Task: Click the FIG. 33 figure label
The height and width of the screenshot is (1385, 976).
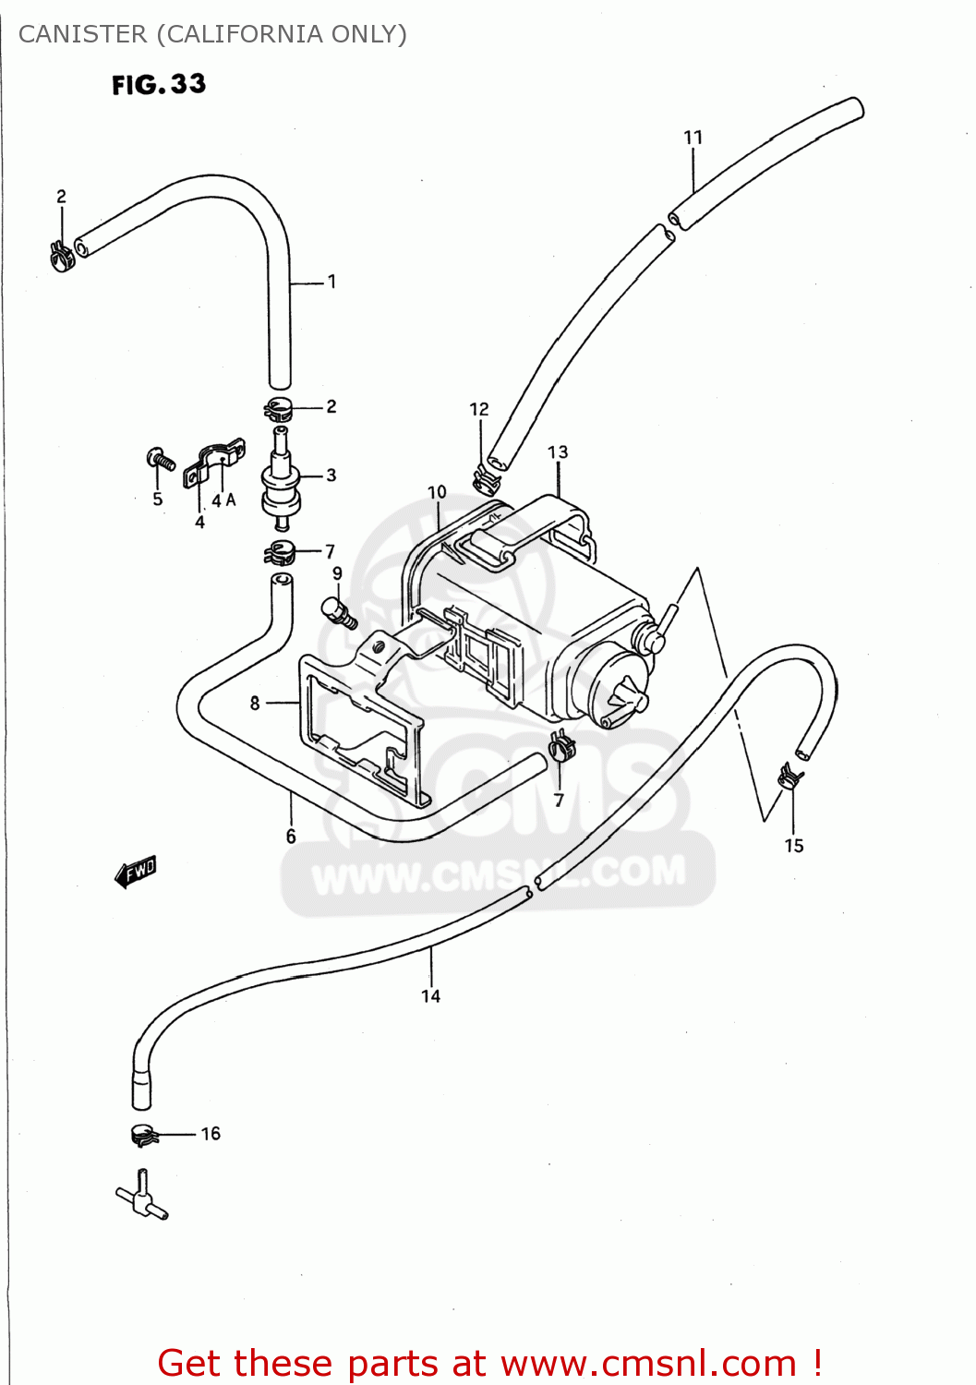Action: point(159,84)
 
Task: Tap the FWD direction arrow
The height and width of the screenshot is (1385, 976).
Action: point(136,871)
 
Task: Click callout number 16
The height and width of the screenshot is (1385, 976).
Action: point(211,1133)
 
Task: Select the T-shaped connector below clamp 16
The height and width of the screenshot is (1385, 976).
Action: point(142,1196)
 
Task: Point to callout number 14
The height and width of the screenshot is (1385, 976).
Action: point(430,995)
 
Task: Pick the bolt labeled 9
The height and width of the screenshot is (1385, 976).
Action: point(337,611)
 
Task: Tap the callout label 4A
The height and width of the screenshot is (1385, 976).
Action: point(223,500)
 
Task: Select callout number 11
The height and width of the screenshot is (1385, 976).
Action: point(693,138)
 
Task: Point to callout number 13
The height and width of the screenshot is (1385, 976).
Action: point(558,452)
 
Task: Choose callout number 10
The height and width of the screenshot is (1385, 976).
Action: point(437,492)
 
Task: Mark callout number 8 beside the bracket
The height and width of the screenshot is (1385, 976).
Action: point(255,703)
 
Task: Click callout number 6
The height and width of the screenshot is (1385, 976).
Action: point(291,836)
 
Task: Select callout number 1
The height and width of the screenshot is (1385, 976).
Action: point(331,282)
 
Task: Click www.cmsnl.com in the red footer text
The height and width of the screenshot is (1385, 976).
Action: point(648,1363)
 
